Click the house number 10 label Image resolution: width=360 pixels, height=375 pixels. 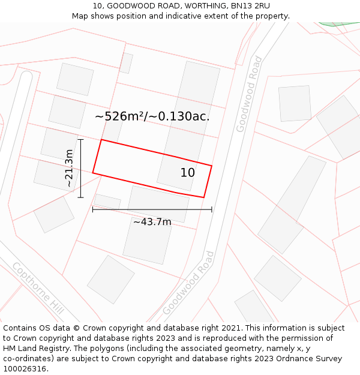188,173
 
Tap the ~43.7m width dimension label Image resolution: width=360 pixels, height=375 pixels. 152,222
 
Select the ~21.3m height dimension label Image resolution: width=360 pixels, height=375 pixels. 70,168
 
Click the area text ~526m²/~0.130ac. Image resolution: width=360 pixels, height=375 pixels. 152,116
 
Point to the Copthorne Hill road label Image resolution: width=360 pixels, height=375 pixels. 38,288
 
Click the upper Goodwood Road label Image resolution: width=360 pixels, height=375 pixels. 249,94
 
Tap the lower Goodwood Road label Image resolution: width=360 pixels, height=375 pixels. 188,283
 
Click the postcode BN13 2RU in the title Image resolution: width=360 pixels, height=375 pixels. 247,6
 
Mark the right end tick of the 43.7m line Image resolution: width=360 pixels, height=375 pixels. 212,209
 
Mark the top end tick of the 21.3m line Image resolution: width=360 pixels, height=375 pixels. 80,139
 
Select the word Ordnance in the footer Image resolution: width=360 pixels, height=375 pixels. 288,359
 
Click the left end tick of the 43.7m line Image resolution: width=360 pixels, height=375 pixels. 92,209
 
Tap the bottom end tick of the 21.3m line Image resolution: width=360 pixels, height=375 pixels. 80,197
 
